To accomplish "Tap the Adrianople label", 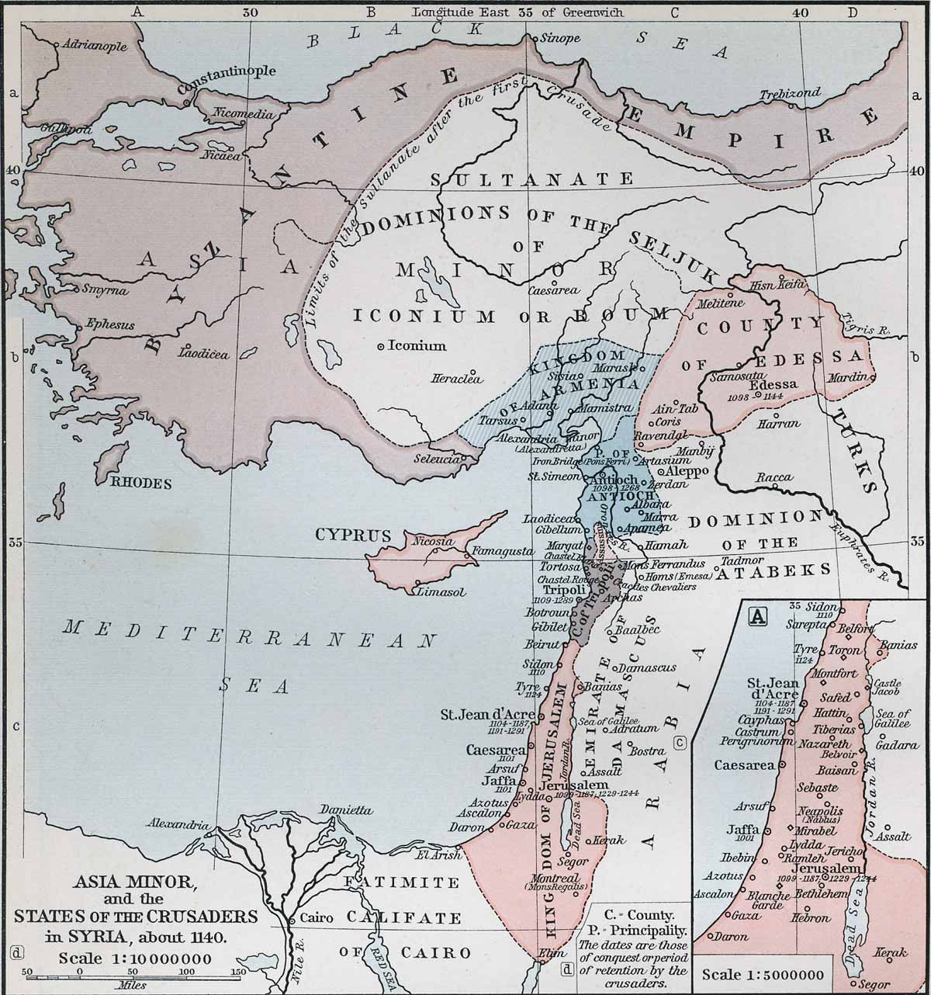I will coord(95,46).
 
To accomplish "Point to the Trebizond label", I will coord(790,93).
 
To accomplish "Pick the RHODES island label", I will coord(140,483).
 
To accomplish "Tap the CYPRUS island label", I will coord(352,535).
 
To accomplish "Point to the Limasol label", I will coord(441,592).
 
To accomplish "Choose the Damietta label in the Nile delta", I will coord(345,810).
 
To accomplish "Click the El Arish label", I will coord(432,856).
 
